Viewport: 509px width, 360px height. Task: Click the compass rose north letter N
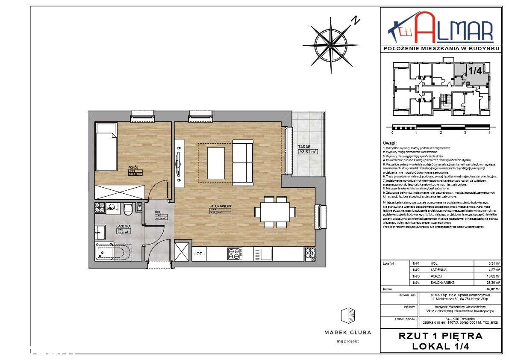click(x=355, y=20)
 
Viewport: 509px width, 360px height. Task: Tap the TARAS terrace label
click(x=304, y=147)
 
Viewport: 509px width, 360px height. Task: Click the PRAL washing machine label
click(x=112, y=208)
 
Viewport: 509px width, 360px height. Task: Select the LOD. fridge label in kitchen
click(x=199, y=254)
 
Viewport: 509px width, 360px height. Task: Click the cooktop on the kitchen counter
click(x=234, y=254)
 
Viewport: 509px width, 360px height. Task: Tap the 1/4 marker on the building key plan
click(x=475, y=71)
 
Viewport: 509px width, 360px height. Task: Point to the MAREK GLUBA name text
click(x=347, y=332)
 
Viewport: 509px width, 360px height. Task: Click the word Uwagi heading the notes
click(x=390, y=143)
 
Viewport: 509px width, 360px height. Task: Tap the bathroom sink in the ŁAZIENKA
click(x=99, y=233)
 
